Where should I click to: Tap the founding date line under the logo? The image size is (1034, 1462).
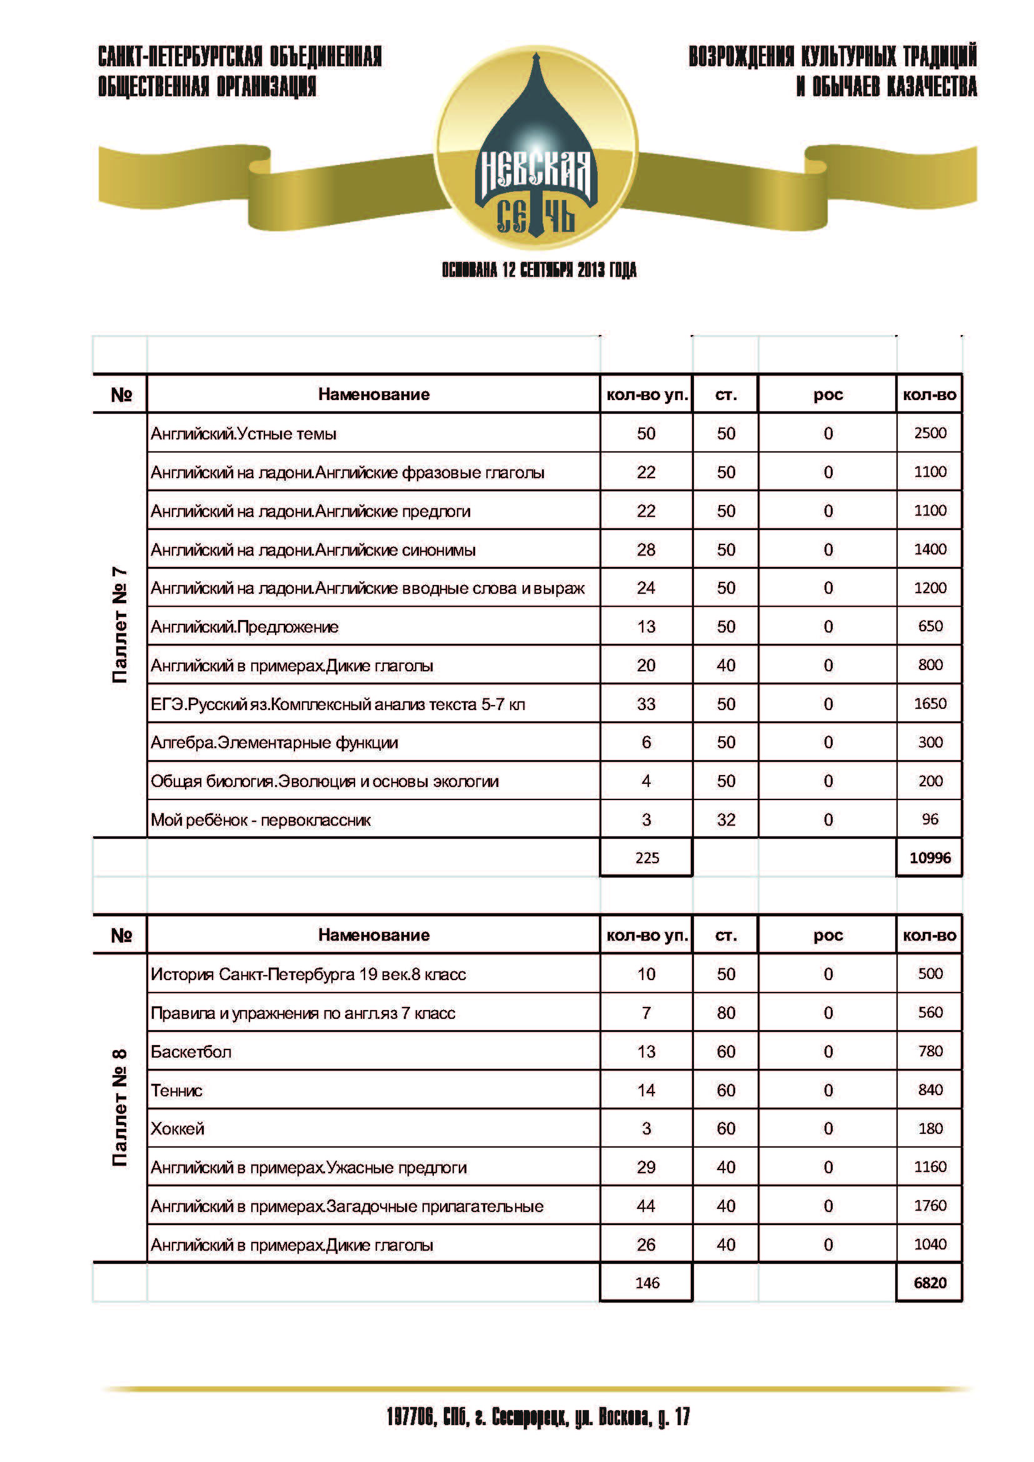click(x=539, y=270)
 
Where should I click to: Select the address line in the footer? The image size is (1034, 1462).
click(x=538, y=1418)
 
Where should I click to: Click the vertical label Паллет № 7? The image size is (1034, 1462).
click(x=119, y=625)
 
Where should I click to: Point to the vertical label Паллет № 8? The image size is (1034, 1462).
click(x=119, y=1108)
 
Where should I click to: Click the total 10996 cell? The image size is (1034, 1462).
click(x=930, y=858)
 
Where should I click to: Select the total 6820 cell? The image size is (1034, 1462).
click(x=930, y=1283)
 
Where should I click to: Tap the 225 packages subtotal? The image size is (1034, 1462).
click(x=646, y=858)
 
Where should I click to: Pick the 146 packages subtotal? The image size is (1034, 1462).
click(x=646, y=1283)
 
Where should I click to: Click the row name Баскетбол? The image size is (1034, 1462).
click(x=191, y=1051)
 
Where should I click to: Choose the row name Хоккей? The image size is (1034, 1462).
click(x=178, y=1128)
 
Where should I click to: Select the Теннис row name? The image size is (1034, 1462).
click(x=176, y=1090)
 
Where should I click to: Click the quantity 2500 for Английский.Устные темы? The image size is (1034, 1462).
click(x=930, y=433)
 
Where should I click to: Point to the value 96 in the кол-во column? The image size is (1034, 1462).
click(x=930, y=819)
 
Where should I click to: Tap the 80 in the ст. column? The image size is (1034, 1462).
click(x=726, y=1013)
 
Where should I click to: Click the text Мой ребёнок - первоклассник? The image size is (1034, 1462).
click(x=261, y=819)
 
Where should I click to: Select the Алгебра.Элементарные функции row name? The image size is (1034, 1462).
click(x=274, y=743)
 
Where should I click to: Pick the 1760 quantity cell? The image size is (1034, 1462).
click(x=930, y=1205)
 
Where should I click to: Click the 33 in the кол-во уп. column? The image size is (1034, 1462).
click(x=646, y=704)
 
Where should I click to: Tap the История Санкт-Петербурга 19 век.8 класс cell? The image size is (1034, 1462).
click(x=308, y=974)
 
